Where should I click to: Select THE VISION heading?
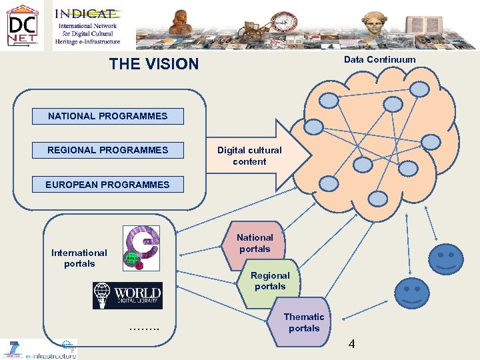coord(154,64)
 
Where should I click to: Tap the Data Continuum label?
coord(379,60)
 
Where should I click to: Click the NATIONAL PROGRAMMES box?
coord(107,116)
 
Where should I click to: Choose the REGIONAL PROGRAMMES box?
coord(107,150)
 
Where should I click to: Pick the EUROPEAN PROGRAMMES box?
coord(107,185)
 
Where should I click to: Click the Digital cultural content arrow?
coord(257,156)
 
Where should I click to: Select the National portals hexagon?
coord(255,243)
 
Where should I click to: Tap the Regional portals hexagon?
coord(270,281)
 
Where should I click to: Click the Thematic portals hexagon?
coord(304,323)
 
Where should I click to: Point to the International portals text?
coord(79,258)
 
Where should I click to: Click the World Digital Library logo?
coord(127,295)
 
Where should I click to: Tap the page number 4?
coord(351,344)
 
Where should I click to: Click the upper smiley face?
coord(445,259)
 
